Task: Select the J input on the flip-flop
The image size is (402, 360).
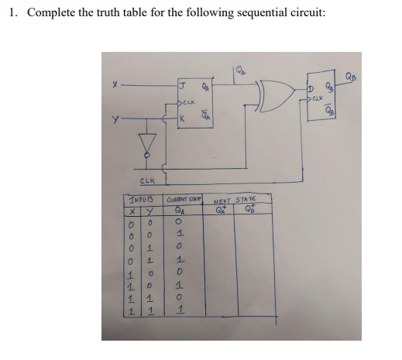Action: coord(183,86)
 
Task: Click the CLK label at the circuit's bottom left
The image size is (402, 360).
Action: coord(145,182)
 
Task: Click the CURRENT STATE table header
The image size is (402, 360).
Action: coord(184,201)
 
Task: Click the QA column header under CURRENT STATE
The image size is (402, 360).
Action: coord(180,209)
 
